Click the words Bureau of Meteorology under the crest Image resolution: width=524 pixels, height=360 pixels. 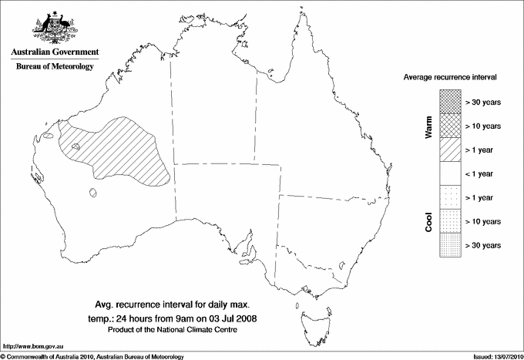pyautogui.click(x=55, y=66)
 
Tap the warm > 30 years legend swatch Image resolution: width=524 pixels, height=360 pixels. pyautogui.click(x=449, y=101)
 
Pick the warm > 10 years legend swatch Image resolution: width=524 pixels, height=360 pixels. pyautogui.click(x=449, y=125)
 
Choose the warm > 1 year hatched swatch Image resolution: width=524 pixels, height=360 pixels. pyautogui.click(x=449, y=149)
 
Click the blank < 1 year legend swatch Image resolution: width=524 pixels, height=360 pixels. pyautogui.click(x=449, y=173)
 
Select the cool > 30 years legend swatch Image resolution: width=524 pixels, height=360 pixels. pyautogui.click(x=449, y=245)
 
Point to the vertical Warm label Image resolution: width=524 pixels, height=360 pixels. pyautogui.click(x=428, y=126)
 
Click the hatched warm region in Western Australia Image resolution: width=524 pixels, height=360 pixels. pyautogui.click(x=123, y=150)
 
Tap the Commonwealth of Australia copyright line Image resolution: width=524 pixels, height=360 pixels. pyautogui.click(x=92, y=355)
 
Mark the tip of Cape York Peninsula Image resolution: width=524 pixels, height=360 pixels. pyautogui.click(x=297, y=16)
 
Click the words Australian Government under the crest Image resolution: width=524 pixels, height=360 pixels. pyautogui.click(x=55, y=52)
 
